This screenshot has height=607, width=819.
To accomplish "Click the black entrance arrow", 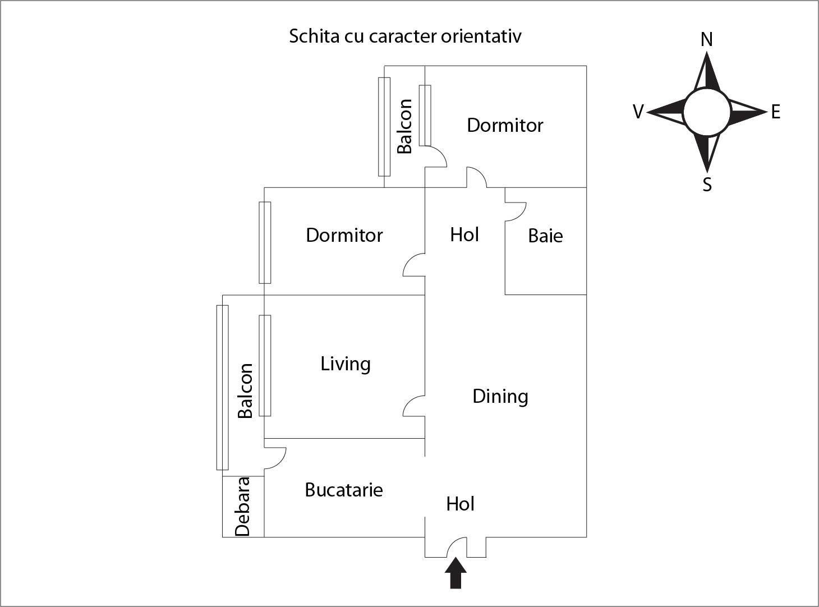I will pos(455,573).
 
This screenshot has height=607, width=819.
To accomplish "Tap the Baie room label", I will pos(545,236).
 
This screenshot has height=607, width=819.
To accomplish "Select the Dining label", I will pos(500,397).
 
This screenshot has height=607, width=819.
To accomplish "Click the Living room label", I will pos(346,364).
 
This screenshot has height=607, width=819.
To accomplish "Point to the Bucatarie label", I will pos(344,490).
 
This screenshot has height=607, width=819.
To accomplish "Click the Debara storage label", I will pos(242,507).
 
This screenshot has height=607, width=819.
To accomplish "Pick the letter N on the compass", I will pos(707,39).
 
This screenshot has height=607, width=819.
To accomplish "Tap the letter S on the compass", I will pos(707,185).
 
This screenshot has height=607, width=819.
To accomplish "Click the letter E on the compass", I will pos(776,112).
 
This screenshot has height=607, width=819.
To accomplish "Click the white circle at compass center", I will pos(707,112).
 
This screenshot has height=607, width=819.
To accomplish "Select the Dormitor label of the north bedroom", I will pos(505,125).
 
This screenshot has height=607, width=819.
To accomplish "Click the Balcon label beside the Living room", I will pos(245,391).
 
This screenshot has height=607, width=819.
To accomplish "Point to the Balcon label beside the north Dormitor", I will pos(404,126).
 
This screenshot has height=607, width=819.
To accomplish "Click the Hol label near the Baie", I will pos(464,234).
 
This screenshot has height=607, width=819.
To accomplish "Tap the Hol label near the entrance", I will pos(461,504).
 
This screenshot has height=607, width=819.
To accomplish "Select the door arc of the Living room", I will pos(413,405).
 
